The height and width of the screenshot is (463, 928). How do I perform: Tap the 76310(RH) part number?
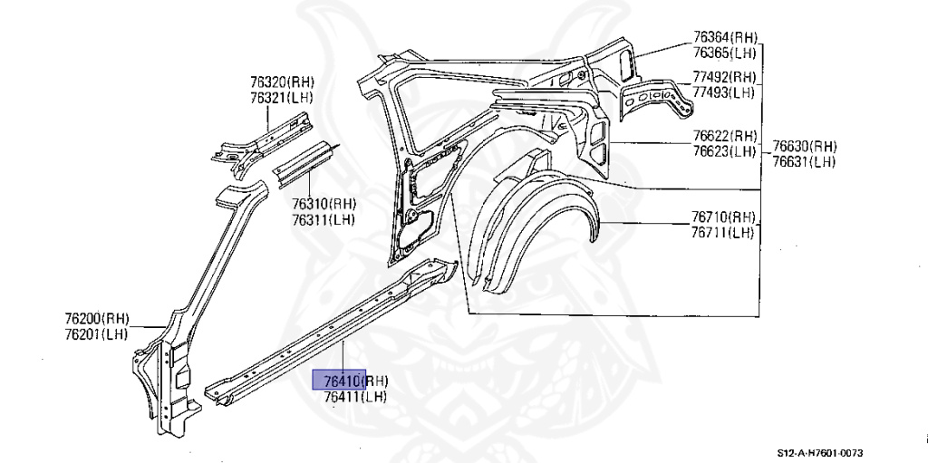(x=324, y=204)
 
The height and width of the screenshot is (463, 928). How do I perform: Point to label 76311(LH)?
(x=323, y=219)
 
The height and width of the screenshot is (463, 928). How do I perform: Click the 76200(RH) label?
(x=98, y=319)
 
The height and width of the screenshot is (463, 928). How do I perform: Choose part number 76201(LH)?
(x=97, y=334)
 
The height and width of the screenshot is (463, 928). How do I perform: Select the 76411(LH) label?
(x=355, y=397)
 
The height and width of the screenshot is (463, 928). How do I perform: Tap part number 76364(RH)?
(x=724, y=37)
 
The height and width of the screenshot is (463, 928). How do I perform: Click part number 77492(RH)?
(x=724, y=77)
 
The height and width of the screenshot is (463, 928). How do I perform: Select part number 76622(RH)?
(x=724, y=136)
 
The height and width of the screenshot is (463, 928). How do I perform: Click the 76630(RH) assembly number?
(x=804, y=146)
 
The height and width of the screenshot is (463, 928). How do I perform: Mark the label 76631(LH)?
(x=803, y=161)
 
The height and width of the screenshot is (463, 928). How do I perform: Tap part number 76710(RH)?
(x=723, y=217)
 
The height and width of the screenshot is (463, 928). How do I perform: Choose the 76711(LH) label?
(x=722, y=232)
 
